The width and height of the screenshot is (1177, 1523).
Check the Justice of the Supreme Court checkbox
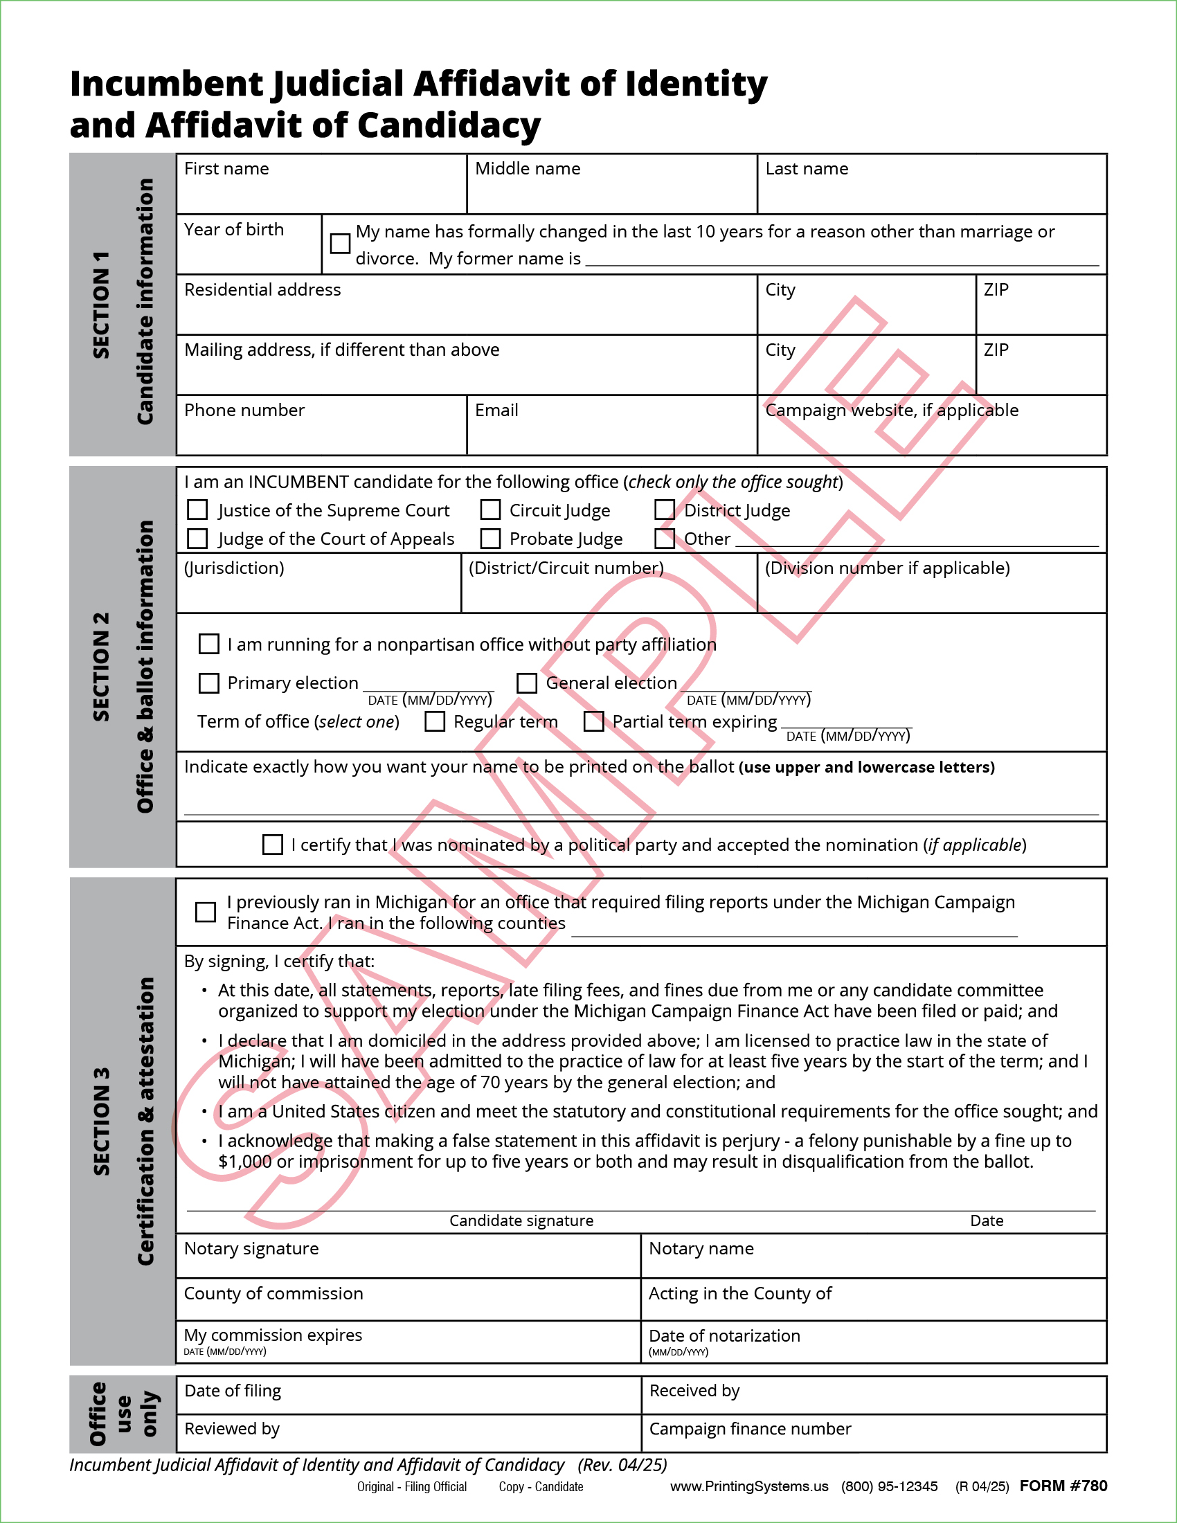coord(197,510)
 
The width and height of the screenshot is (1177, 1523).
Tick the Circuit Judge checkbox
coord(490,510)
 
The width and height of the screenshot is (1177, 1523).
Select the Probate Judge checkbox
coord(490,539)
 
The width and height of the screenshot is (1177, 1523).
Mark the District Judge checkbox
coord(665,510)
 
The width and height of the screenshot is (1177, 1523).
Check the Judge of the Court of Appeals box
coord(197,539)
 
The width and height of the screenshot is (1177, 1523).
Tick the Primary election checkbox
coord(208,683)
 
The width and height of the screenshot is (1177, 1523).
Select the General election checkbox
coord(526,683)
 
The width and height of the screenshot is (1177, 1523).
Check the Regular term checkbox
coord(435,721)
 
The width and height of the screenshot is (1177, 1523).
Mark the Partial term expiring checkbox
coord(593,721)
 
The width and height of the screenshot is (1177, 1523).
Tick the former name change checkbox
coord(340,244)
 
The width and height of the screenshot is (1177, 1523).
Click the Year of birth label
coord(233,229)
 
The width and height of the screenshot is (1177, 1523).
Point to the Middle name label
coord(527,169)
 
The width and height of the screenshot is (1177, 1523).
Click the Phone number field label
coord(244,410)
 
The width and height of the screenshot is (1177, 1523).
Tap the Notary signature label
coord(251,1248)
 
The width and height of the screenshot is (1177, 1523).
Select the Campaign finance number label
coord(750,1429)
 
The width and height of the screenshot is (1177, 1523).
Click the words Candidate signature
coord(521,1220)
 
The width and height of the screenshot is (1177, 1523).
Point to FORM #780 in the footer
coord(1063,1486)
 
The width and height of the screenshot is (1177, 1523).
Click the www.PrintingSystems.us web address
coord(749,1486)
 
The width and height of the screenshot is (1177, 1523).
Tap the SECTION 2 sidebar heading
coord(102,666)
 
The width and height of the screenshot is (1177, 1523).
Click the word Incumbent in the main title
coord(166,84)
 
